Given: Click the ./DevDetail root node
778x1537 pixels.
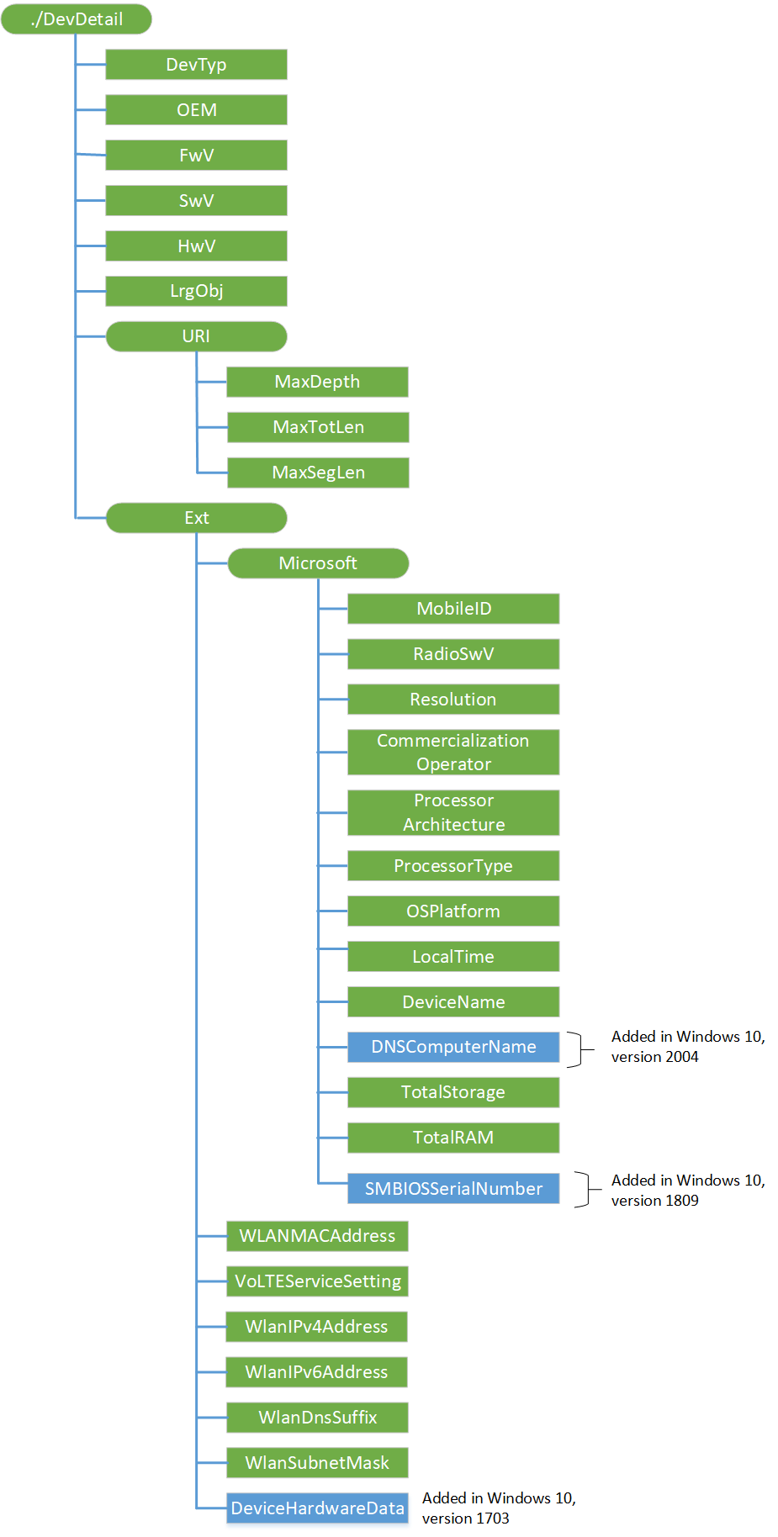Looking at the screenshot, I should pyautogui.click(x=77, y=19).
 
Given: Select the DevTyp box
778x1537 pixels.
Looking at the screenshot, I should pyautogui.click(x=196, y=65).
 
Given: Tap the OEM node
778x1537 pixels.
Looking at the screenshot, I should pyautogui.click(x=196, y=110).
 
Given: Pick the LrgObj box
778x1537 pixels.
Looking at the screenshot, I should pyautogui.click(x=196, y=291).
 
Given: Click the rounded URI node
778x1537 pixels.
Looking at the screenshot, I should pyautogui.click(x=196, y=336).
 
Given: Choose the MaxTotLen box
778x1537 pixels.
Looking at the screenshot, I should pyautogui.click(x=318, y=427).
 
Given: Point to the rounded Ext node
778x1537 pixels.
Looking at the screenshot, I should pyautogui.click(x=196, y=518).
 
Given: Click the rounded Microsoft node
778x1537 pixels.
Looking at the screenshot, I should pyautogui.click(x=318, y=563).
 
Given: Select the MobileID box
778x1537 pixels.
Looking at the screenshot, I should pyautogui.click(x=453, y=609).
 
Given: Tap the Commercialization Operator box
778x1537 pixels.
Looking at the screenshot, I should pyautogui.click(x=453, y=753).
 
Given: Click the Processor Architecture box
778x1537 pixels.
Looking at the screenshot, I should pyautogui.click(x=453, y=812).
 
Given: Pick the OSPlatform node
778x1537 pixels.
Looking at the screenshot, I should pyautogui.click(x=453, y=911).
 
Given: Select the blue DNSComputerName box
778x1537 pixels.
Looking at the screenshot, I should pyautogui.click(x=453, y=1047).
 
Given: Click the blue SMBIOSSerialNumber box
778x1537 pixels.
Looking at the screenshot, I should pyautogui.click(x=453, y=1189).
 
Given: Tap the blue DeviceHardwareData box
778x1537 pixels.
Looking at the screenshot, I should pyautogui.click(x=317, y=1508).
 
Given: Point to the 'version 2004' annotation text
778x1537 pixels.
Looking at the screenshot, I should pyautogui.click(x=654, y=1057).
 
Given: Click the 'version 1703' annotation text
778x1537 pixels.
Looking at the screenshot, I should pyautogui.click(x=465, y=1519).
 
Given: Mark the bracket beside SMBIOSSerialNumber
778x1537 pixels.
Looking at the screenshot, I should pyautogui.click(x=586, y=1190).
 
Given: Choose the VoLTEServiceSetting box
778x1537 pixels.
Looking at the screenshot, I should pyautogui.click(x=317, y=1281).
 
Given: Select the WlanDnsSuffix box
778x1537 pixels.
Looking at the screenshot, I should pyautogui.click(x=317, y=1418).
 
